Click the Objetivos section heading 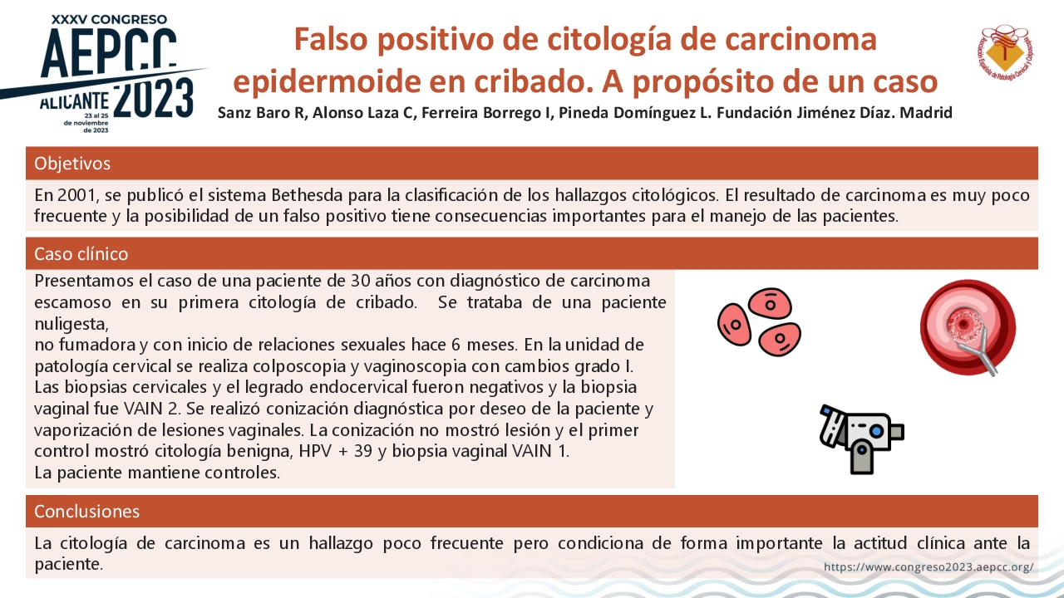pyautogui.click(x=72, y=164)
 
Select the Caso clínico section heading pyautogui.click(x=81, y=254)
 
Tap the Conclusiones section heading pyautogui.click(x=87, y=511)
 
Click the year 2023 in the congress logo pyautogui.click(x=154, y=98)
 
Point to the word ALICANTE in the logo pyautogui.click(x=74, y=101)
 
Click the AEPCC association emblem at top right pyautogui.click(x=1005, y=52)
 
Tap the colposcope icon pyautogui.click(x=861, y=439)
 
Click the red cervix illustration pyautogui.click(x=968, y=327)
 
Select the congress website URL pyautogui.click(x=929, y=566)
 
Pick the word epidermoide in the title pyautogui.click(x=328, y=81)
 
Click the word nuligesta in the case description pyautogui.click(x=71, y=324)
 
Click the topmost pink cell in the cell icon pyautogui.click(x=770, y=303)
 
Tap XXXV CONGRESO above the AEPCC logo pyautogui.click(x=109, y=19)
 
